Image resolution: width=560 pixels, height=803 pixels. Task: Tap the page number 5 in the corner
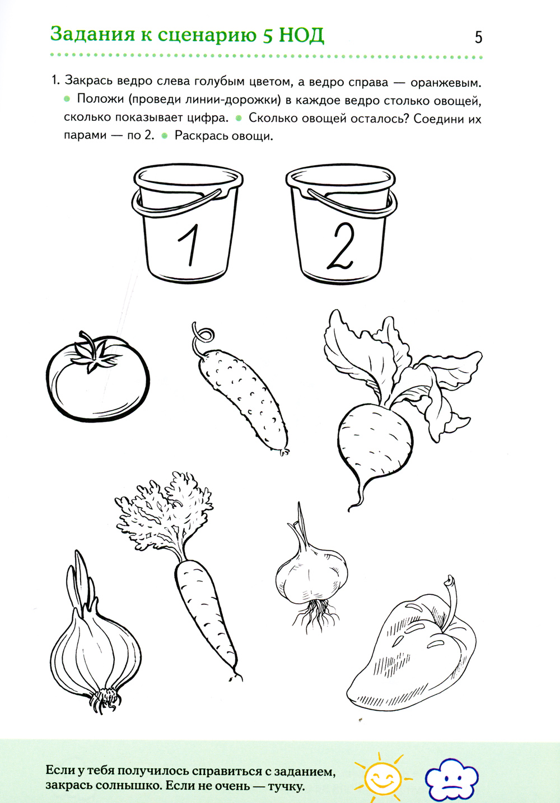coord(478,37)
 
